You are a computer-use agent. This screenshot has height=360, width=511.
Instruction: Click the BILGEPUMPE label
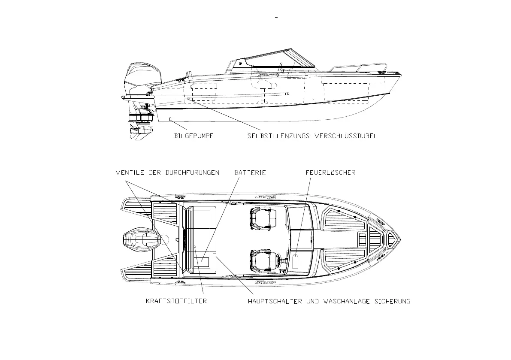click(194, 136)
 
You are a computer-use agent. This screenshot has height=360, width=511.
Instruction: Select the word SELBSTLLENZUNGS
click(279, 136)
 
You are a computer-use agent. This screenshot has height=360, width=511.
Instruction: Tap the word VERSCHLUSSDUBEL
click(346, 136)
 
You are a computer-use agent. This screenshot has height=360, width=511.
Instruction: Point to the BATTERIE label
click(250, 172)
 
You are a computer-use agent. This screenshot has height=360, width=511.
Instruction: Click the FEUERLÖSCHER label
click(330, 172)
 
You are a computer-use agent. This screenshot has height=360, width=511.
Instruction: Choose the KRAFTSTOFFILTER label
click(176, 301)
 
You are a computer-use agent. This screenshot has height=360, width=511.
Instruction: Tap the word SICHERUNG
click(392, 301)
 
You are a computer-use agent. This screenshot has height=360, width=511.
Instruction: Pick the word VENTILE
click(130, 172)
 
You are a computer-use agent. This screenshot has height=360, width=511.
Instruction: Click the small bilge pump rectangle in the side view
click(170, 119)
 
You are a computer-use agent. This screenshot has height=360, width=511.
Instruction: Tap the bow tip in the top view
click(400, 239)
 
